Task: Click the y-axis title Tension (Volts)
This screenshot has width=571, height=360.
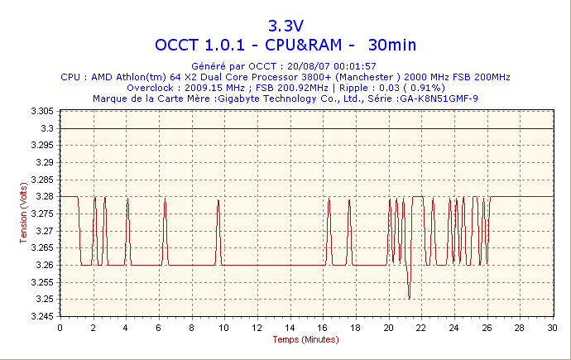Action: (x=22, y=214)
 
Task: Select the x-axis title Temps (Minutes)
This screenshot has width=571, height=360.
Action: (x=306, y=339)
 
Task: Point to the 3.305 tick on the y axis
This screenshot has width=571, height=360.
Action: (x=41, y=111)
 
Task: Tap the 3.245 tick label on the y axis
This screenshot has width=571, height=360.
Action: (x=41, y=316)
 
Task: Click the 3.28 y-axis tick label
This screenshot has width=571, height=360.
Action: (x=45, y=196)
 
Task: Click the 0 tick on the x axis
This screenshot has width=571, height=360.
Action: (x=60, y=328)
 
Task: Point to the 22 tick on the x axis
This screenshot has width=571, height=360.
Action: (x=421, y=328)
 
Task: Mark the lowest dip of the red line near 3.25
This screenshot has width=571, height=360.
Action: (x=409, y=298)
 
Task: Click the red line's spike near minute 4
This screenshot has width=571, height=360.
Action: (x=126, y=198)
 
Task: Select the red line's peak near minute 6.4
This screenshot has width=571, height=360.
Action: (x=165, y=198)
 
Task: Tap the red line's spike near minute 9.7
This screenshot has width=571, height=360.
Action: (x=218, y=199)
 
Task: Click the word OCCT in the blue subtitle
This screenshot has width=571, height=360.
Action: (x=181, y=44)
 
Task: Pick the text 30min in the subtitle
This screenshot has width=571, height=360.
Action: (x=392, y=44)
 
